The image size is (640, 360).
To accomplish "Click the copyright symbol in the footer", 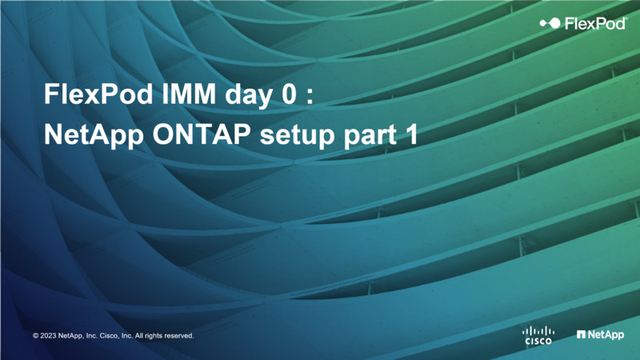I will point(35,335).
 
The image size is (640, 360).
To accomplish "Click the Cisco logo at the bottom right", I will point(538,335).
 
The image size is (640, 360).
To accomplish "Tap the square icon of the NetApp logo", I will point(582,334).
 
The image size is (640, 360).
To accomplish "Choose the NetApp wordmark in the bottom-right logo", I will point(606,334).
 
